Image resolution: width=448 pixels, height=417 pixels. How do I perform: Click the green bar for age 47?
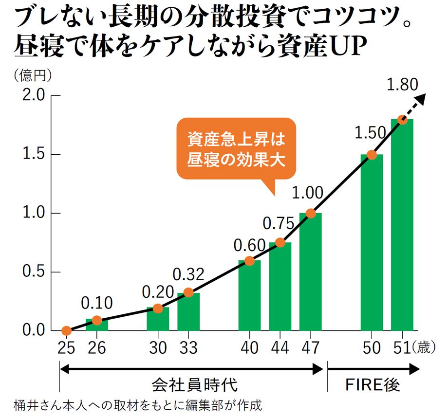coord(310,272)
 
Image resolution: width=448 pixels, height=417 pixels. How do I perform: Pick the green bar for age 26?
coord(97,325)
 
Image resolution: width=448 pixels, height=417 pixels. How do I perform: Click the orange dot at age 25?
coord(67,331)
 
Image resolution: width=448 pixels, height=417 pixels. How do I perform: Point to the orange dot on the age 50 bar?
coord(372,155)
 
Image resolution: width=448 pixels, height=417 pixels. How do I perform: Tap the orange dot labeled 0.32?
coord(188,292)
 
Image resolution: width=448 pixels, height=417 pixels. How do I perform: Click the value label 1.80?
coord(402,85)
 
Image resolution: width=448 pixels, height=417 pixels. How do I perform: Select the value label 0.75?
coord(278,224)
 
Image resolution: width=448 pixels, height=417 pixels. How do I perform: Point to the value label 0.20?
coord(158,291)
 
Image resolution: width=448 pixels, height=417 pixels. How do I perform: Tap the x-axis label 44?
coord(280,348)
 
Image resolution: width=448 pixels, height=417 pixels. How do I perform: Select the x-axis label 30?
coord(158,348)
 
